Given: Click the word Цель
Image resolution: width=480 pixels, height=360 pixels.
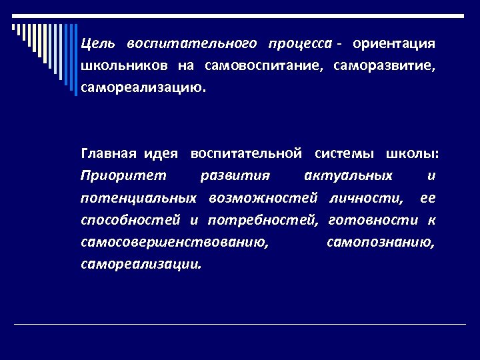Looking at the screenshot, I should [x=98, y=44].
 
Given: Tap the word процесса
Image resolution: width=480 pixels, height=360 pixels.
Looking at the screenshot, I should [x=299, y=44].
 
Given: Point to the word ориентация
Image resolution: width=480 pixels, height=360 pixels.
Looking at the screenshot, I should [x=394, y=44].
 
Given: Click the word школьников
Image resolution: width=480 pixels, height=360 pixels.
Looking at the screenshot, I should [x=122, y=66].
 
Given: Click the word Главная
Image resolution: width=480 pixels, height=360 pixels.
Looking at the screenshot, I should [x=108, y=154].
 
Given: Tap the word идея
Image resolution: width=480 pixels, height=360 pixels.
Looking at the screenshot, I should [x=161, y=154].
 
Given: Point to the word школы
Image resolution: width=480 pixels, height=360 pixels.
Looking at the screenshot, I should [x=412, y=154].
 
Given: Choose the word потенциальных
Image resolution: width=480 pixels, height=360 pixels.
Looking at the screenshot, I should [x=139, y=198].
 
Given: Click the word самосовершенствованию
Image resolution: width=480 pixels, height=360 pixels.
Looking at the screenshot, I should [x=175, y=242].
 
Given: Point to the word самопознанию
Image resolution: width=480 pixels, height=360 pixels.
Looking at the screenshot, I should [x=381, y=242].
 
